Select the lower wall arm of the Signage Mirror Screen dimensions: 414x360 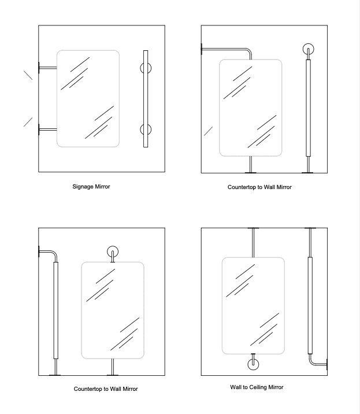click(x=47, y=128)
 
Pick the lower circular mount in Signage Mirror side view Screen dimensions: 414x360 click(x=144, y=128)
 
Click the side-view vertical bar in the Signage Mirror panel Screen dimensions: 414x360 click(x=145, y=99)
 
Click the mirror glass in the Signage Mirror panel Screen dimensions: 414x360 click(x=88, y=98)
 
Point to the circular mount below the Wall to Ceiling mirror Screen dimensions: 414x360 click(x=253, y=364)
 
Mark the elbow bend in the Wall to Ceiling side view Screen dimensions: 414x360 click(x=313, y=361)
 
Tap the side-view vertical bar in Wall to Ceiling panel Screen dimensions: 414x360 click(x=310, y=306)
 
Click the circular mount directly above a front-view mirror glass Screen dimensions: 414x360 click(x=113, y=252)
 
